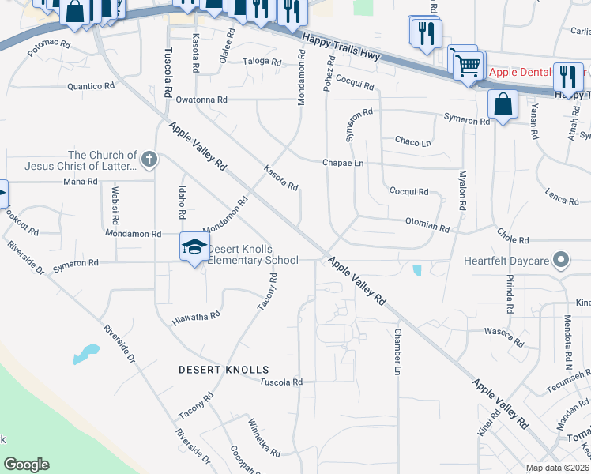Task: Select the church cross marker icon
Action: point(149,160)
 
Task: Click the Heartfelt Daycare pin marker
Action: point(561,259)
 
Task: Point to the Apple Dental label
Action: point(519,72)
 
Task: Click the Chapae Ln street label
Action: point(342,163)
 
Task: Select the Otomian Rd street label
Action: point(427,226)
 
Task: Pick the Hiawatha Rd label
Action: point(195,318)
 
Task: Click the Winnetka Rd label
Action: point(264,438)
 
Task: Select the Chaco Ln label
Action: point(413,142)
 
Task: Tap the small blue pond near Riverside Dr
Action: point(86,353)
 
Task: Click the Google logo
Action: point(27,464)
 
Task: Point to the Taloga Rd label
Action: point(262,61)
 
